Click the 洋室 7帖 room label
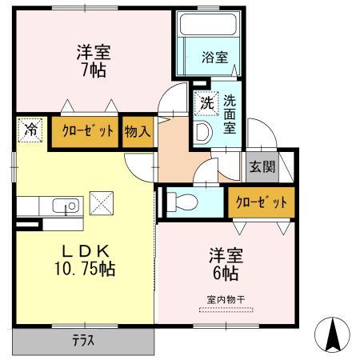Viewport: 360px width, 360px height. click(x=94, y=61)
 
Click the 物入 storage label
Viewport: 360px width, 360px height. click(x=138, y=132)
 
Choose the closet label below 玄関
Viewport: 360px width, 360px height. click(x=261, y=202)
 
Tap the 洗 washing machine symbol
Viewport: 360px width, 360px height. click(x=206, y=103)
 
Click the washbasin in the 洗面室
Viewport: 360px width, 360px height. click(x=202, y=131)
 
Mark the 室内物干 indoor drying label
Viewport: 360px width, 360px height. click(x=225, y=299)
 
